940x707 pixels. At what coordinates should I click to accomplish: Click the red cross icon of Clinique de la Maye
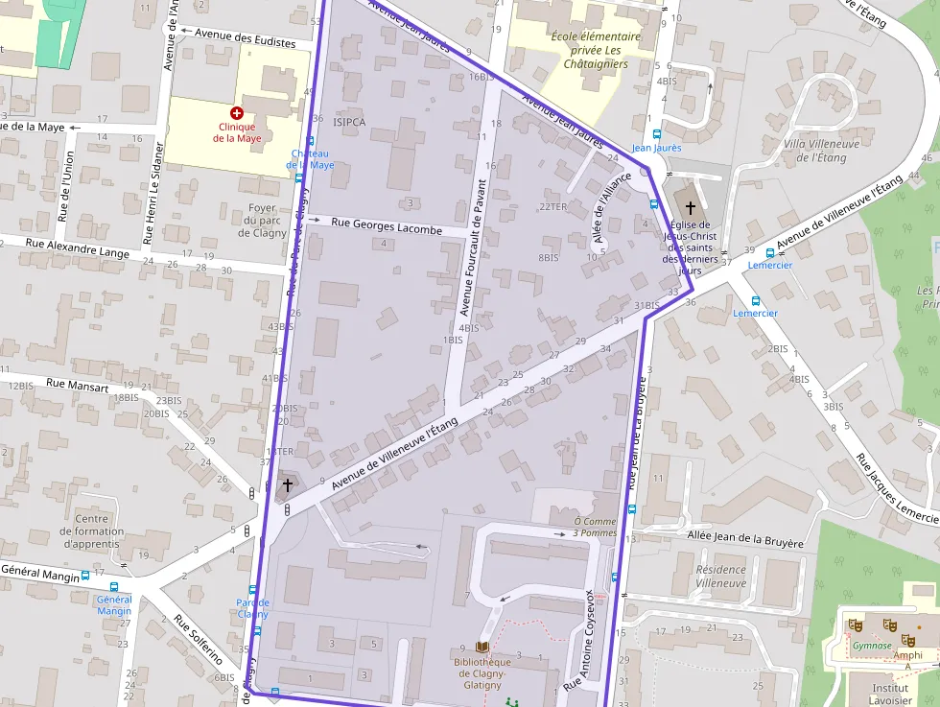(x=237, y=112)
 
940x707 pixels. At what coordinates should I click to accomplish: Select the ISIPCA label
(x=349, y=122)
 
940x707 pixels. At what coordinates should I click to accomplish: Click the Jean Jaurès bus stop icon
(x=657, y=135)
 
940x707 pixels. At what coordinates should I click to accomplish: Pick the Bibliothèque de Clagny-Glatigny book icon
(x=482, y=648)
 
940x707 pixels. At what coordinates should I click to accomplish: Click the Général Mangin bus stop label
(x=114, y=604)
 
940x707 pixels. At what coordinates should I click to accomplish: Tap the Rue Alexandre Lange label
(x=77, y=251)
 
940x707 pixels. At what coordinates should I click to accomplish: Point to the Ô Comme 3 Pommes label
(x=595, y=527)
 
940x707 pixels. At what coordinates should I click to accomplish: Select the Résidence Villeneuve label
(x=720, y=576)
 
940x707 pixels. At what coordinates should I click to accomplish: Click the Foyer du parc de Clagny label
(x=261, y=220)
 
